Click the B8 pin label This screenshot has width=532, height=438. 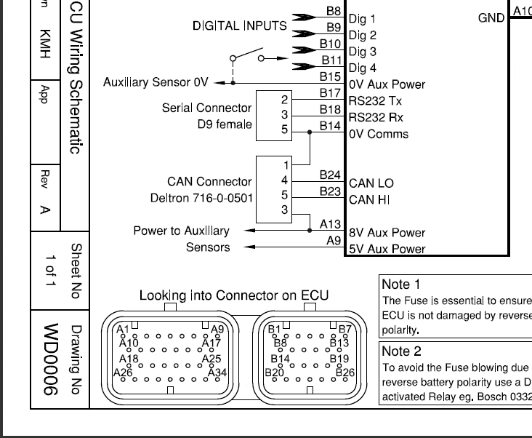coord(333,12)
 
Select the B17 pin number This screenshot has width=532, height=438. coord(331,92)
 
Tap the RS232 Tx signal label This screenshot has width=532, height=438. coord(375,101)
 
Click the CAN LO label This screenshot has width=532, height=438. coord(371,183)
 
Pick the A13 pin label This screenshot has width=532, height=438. coord(331,225)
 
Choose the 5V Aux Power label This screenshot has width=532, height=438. coord(387,249)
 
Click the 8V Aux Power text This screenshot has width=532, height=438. coord(387,233)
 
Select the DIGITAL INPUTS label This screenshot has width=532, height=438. coord(240,26)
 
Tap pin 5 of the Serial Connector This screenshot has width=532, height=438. coord(285,130)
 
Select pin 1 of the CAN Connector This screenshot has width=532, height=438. coord(285,164)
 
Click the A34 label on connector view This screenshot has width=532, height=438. coord(217,373)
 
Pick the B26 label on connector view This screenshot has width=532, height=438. coord(346,373)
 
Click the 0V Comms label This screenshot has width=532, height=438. coord(379,134)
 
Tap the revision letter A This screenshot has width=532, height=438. coord(45,210)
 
